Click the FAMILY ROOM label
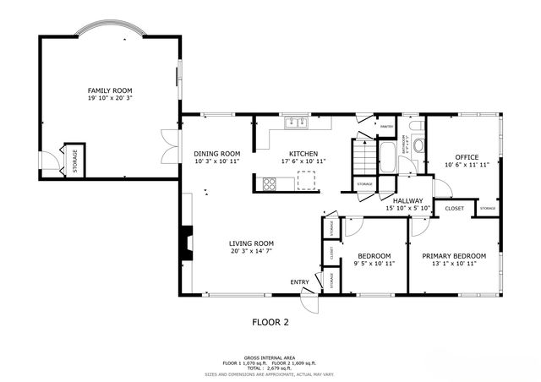pos(110,90)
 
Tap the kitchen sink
pos(297,123)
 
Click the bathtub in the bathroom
pos(387,157)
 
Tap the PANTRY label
pos(386,126)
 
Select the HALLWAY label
pos(408,200)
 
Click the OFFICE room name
pos(467,157)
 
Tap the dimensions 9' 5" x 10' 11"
pos(374,264)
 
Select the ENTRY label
pos(299,281)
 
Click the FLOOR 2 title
pos(270,321)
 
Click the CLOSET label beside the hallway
pos(454,207)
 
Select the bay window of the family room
pos(111,33)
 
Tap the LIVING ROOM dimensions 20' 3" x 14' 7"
pos(252,252)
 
